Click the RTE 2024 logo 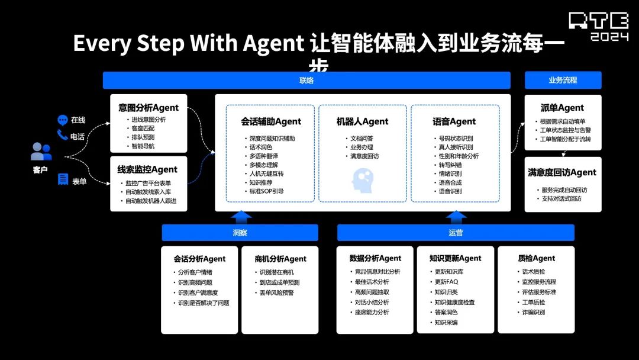pos(599,27)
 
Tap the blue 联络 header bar pos(306,80)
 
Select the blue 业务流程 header pos(563,80)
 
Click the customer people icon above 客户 pos(41,152)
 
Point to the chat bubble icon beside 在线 pos(63,120)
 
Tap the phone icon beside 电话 pos(63,136)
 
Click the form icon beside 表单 pos(63,179)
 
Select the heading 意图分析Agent pos(149,108)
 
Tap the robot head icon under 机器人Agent pos(363,179)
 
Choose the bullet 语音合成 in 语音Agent pos(450,182)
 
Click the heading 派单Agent pos(562,108)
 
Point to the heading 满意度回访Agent pos(562,172)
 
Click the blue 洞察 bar pos(240,233)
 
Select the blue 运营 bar pos(456,233)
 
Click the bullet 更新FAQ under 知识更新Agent pos(446,282)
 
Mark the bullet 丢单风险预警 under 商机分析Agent pos(276,292)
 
